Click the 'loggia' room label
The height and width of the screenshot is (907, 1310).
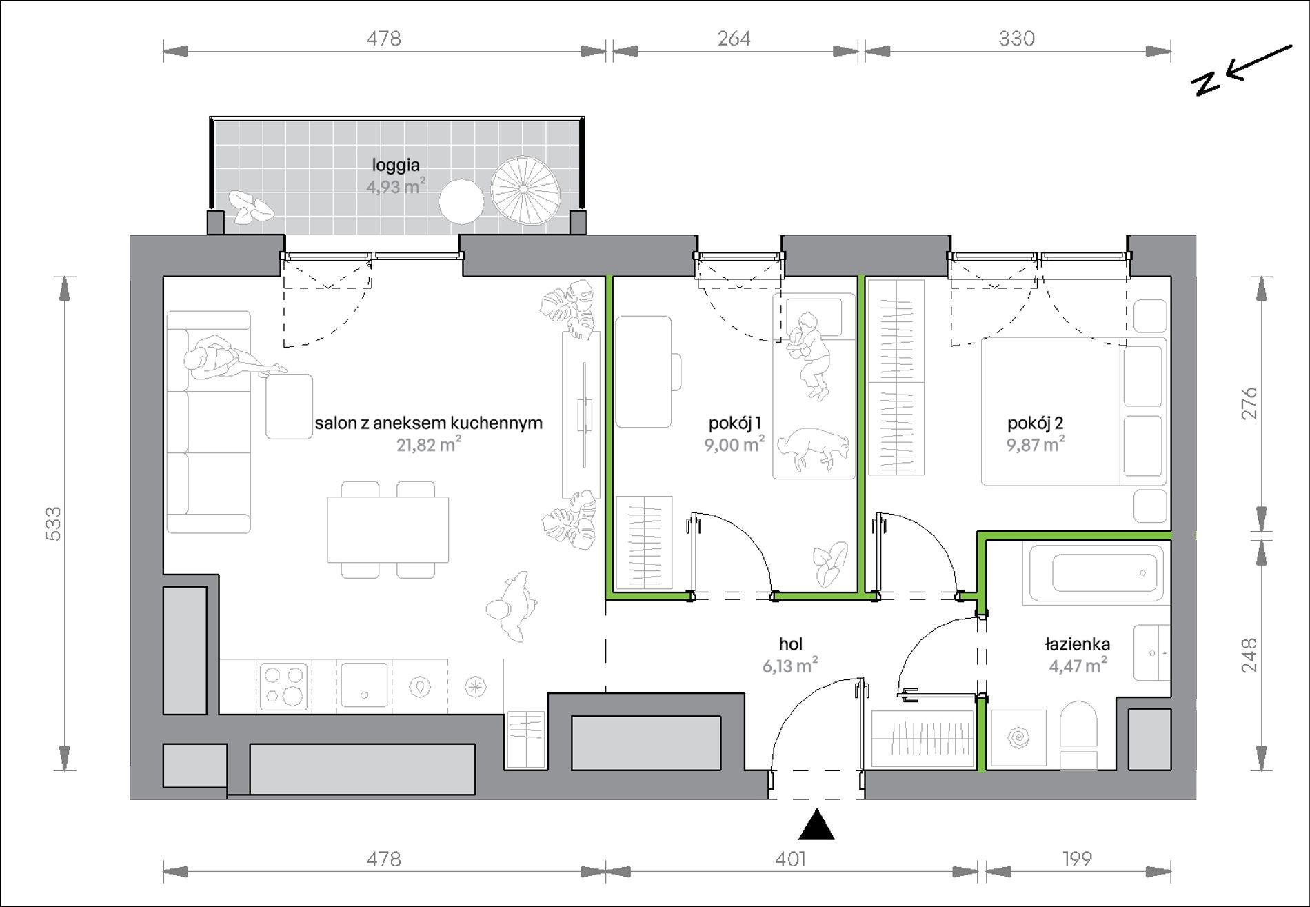pyautogui.click(x=396, y=166)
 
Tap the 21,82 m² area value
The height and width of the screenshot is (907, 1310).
pyautogui.click(x=428, y=444)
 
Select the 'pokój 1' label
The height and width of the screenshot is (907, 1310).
pyautogui.click(x=735, y=423)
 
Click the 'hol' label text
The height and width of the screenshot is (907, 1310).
pyautogui.click(x=790, y=644)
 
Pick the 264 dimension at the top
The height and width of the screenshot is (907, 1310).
pyautogui.click(x=734, y=38)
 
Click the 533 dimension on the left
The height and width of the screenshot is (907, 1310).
pyautogui.click(x=53, y=524)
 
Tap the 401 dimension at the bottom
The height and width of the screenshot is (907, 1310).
pyautogui.click(x=790, y=859)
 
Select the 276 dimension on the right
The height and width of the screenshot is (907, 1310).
pyautogui.click(x=1249, y=403)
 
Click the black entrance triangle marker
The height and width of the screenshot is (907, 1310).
pyautogui.click(x=816, y=825)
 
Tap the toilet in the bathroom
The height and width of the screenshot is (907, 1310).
pyautogui.click(x=1078, y=735)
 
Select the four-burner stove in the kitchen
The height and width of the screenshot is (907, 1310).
pyautogui.click(x=283, y=686)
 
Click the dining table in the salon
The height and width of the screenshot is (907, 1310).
pyautogui.click(x=387, y=530)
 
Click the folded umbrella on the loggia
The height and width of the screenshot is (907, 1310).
pyautogui.click(x=525, y=190)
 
